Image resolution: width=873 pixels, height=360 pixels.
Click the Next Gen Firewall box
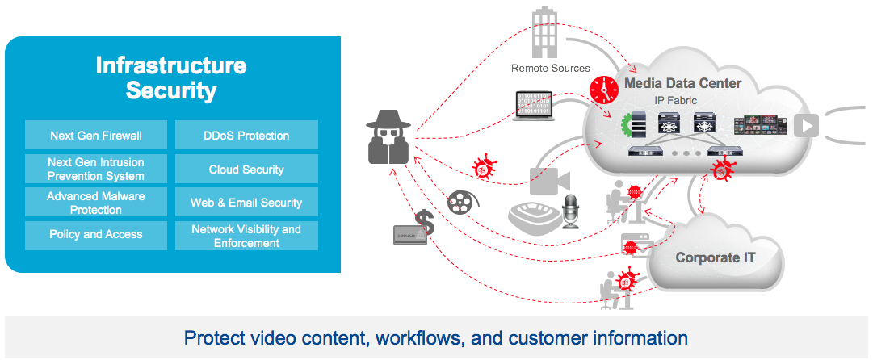[96, 136]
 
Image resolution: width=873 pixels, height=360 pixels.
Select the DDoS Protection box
[246, 136]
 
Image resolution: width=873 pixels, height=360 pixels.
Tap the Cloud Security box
[246, 170]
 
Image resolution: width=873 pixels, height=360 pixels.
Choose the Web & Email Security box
[246, 202]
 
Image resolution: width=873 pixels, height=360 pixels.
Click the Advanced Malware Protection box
[96, 202]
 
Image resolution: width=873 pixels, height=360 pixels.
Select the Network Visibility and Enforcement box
[246, 236]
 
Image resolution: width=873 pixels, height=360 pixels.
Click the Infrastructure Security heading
[171, 77]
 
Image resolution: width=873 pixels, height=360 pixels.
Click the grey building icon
[545, 33]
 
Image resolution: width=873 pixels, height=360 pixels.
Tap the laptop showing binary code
[533, 107]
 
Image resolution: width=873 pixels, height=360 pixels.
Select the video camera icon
[550, 180]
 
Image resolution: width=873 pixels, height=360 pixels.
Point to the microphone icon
[571, 211]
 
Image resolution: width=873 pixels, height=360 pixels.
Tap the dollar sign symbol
[426, 223]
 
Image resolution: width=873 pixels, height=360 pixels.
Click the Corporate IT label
[716, 257]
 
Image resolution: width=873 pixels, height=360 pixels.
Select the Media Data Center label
[682, 83]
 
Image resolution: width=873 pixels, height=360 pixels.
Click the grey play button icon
[806, 126]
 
